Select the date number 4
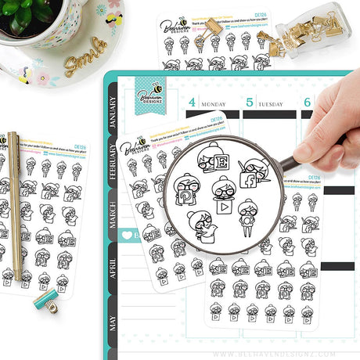190,102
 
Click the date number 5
250,102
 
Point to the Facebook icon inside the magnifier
255,182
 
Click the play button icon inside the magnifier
225,209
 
